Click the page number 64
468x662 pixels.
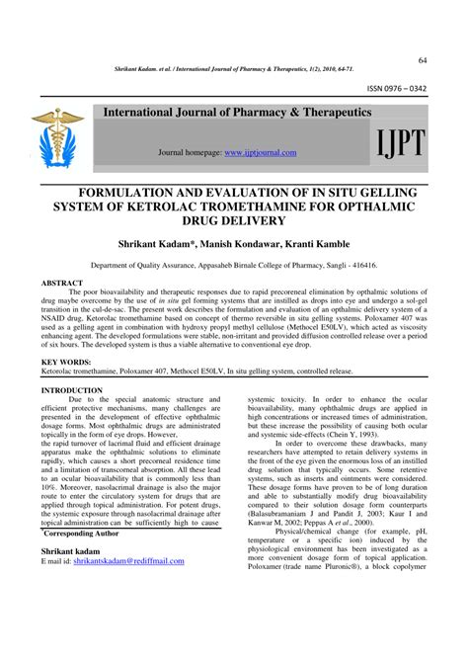pos(423,61)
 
